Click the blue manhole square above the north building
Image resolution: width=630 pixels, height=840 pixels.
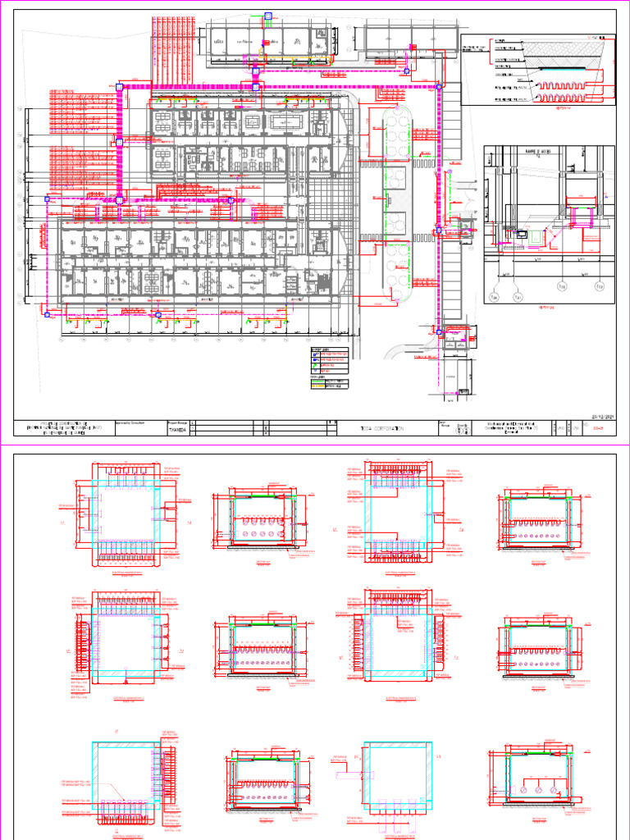(267, 16)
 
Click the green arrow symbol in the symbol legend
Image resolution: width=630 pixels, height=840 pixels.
(315, 365)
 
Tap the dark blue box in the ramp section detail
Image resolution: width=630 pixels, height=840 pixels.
(522, 234)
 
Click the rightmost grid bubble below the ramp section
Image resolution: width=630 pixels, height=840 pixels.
(596, 286)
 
